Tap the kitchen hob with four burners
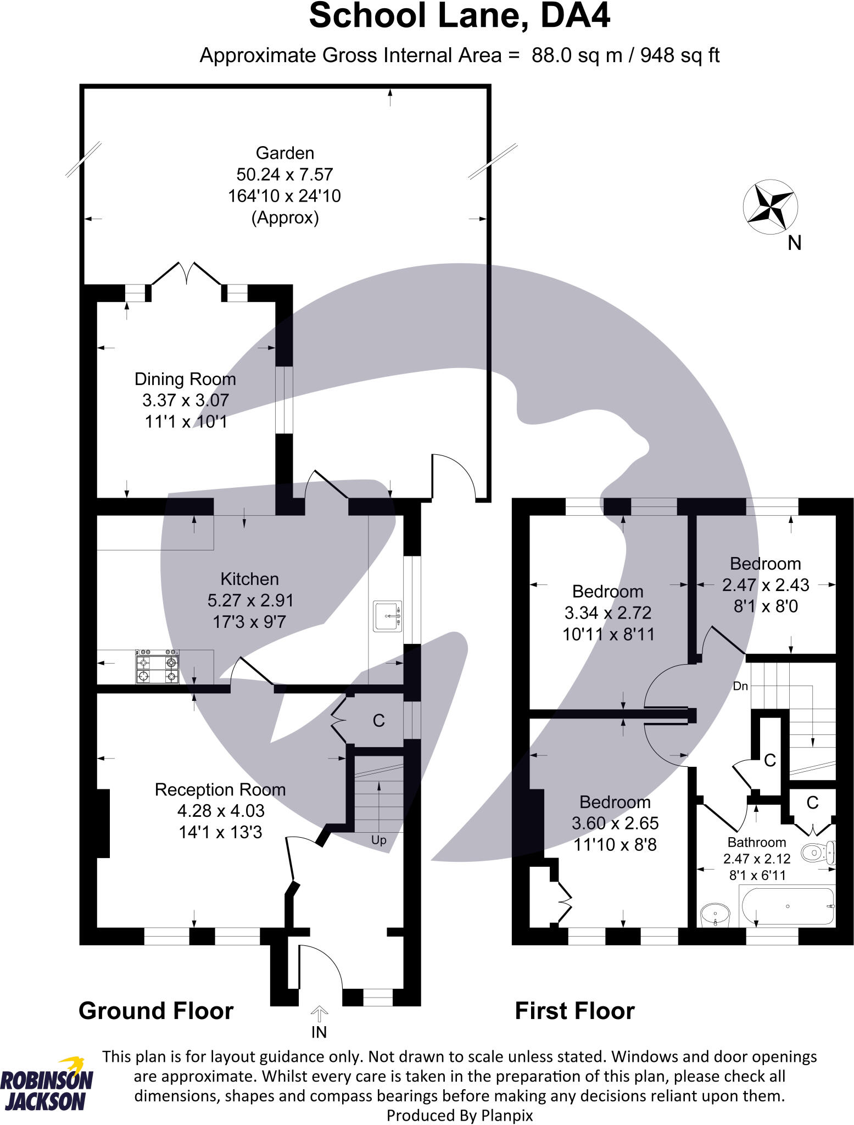[158, 667]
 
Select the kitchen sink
[388, 616]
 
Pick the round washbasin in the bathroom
[715, 915]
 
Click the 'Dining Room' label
[185, 379]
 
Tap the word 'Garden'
[285, 153]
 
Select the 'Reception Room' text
[220, 789]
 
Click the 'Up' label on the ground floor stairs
[379, 840]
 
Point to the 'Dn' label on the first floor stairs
[740, 686]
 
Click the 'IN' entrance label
[319, 1032]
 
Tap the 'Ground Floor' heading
[156, 1011]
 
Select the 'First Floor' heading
[574, 1011]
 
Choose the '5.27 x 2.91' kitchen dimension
[250, 600]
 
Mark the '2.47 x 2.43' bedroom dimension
[765, 585]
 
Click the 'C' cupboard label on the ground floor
[378, 721]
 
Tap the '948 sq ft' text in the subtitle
[680, 55]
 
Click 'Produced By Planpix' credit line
[460, 1115]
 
